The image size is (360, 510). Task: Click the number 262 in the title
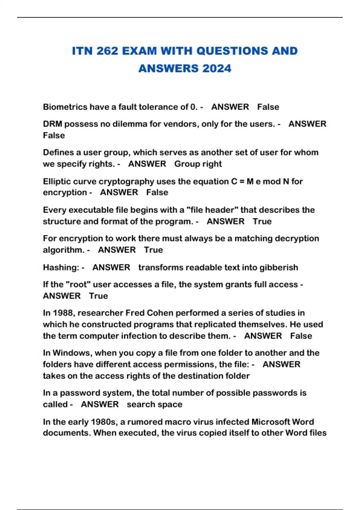point(107,51)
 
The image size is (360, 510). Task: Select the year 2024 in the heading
point(217,68)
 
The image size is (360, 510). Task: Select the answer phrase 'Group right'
point(198,164)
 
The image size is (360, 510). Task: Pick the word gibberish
point(279,267)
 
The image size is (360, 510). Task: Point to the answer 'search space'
point(154,404)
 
